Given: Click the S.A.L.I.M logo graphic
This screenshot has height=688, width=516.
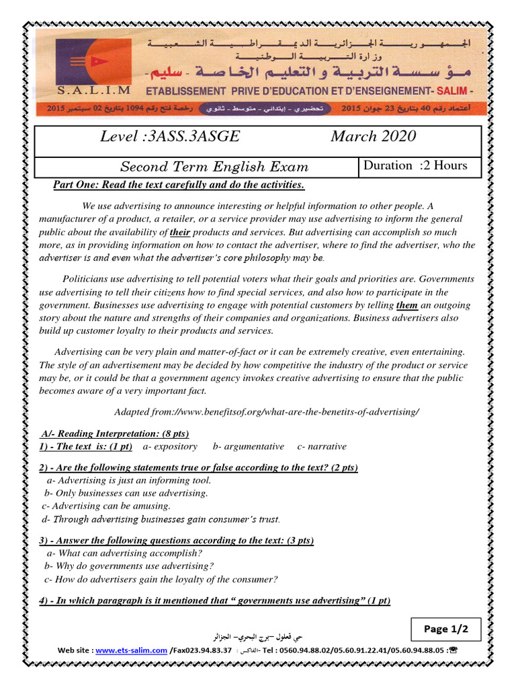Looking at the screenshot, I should pos(85,61).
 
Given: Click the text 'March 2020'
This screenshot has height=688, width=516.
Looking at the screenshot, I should pos(373,136).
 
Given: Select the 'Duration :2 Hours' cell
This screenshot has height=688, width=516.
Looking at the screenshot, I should pos(415,166).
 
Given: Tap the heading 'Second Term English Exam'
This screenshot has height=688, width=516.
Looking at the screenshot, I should pos(214,167).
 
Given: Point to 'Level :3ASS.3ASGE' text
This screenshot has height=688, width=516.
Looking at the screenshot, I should pos(169,136).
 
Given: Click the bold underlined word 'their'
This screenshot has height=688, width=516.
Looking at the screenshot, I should pos(180,232).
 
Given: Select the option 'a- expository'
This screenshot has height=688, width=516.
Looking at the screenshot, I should pos(171,446).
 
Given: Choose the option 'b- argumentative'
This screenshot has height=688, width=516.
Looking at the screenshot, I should pos(248,446).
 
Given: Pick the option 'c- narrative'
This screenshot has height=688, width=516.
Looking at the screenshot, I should pos(322,446).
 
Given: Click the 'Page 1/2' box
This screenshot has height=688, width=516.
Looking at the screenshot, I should pos(451,630).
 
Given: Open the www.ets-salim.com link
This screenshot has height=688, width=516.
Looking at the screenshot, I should pos(131,650).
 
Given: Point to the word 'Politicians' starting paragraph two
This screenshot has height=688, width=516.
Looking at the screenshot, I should pos(85,279).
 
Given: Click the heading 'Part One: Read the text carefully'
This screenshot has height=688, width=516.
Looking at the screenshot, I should pos(179,185).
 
